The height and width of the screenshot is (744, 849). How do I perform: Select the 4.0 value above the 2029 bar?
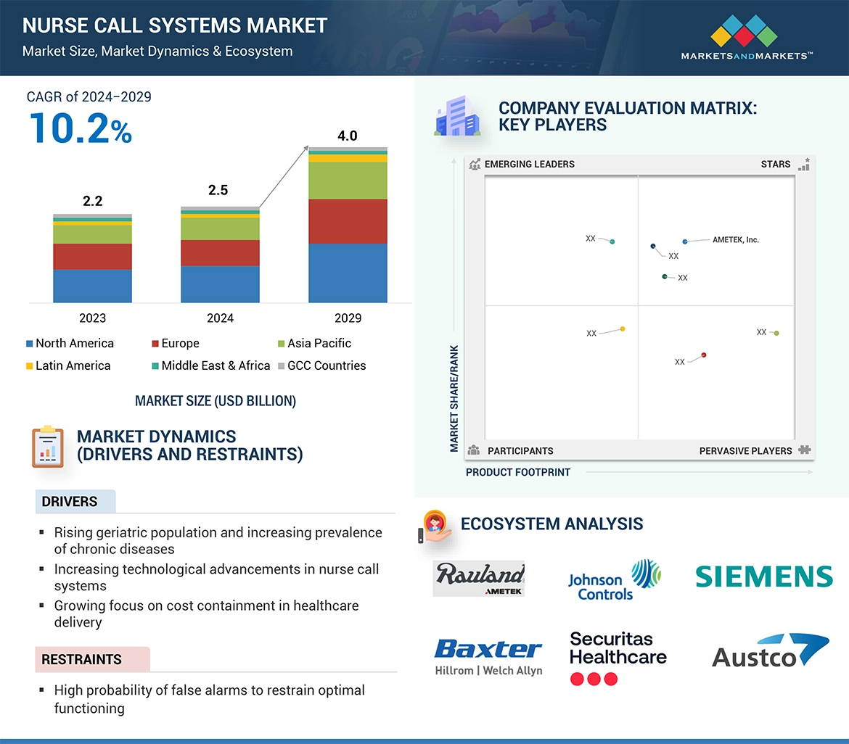347,136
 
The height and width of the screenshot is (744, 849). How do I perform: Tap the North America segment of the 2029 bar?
347,273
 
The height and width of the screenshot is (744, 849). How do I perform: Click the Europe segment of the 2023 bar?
92,256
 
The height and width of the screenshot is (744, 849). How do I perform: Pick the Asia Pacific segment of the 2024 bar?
220,228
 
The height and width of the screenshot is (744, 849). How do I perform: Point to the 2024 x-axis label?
220,318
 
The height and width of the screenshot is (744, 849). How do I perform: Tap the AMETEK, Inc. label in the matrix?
735,239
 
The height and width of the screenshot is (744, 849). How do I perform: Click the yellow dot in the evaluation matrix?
623,329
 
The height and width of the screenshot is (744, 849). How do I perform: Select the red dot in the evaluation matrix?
704,355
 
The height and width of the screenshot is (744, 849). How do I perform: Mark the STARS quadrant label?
775,164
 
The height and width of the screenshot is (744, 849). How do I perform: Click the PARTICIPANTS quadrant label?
520,450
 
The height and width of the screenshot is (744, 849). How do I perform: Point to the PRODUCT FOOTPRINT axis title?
518,472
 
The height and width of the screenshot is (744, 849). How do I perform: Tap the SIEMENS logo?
763,576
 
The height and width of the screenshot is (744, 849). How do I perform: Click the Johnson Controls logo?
614,579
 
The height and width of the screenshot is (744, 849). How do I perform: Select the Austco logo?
770,650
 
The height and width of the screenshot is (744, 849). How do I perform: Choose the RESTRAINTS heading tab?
82,659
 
